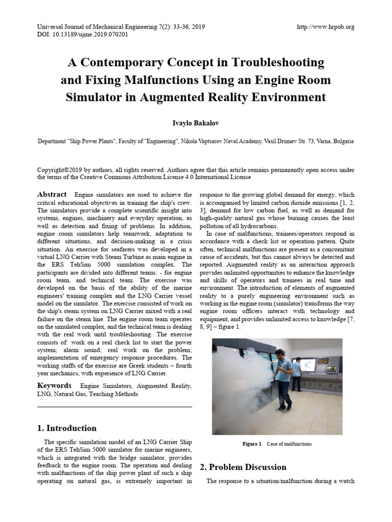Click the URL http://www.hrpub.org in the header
(325, 27)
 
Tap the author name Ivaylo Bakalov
(196, 123)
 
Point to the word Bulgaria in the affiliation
(341, 141)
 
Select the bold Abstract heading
(52, 194)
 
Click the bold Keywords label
(54, 385)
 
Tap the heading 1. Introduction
(67, 428)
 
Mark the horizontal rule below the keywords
(115, 407)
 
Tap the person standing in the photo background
(297, 375)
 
